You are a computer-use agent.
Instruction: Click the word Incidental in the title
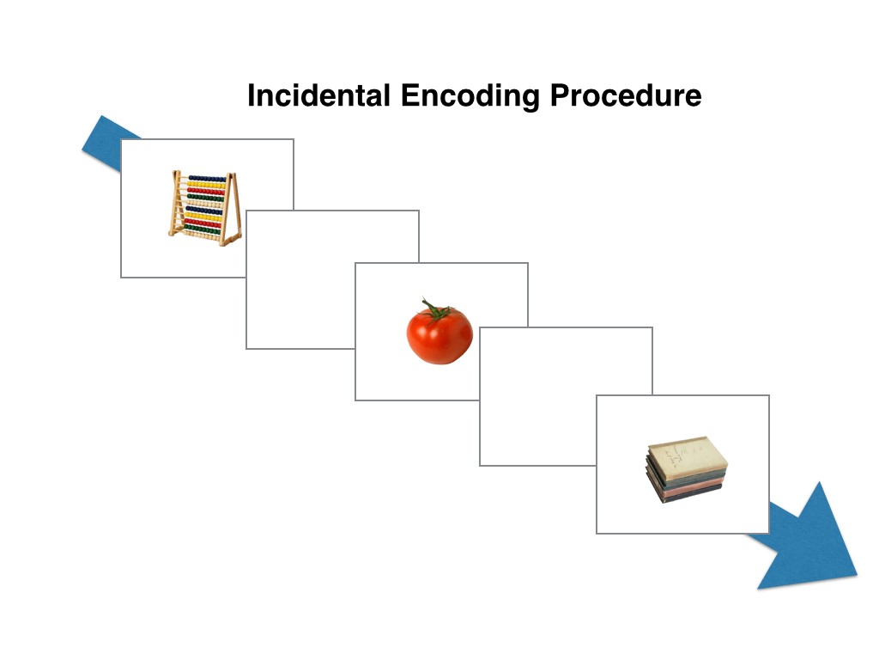(x=318, y=95)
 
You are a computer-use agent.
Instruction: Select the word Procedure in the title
(x=626, y=96)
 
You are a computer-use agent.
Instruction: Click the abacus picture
(x=205, y=208)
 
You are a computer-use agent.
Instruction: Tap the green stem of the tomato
(x=435, y=310)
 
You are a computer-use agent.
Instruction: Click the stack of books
(x=686, y=469)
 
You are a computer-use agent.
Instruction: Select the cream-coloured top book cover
(x=688, y=455)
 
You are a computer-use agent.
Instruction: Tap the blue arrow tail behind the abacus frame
(x=106, y=144)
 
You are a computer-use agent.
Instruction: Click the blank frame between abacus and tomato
(x=332, y=279)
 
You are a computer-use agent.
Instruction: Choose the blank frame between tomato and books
(x=567, y=396)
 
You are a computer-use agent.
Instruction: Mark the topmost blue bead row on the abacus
(x=207, y=179)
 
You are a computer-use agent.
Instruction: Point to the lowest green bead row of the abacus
(x=202, y=229)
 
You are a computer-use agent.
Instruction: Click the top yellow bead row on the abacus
(x=206, y=185)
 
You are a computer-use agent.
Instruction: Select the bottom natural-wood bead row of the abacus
(x=201, y=235)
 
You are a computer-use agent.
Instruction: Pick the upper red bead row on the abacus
(x=205, y=192)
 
